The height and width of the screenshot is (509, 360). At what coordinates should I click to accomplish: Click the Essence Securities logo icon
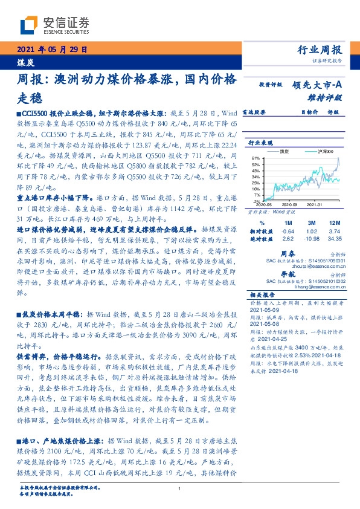point(30,25)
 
